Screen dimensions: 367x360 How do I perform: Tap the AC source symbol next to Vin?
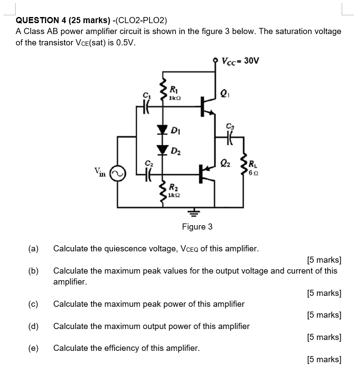(x=117, y=173)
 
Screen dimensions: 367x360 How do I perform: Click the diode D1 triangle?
(x=163, y=130)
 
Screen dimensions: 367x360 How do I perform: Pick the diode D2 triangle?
(x=163, y=149)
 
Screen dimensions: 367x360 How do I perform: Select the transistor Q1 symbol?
(x=207, y=106)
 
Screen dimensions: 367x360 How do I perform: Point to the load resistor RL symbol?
(x=244, y=166)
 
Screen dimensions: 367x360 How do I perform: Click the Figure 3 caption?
(x=197, y=226)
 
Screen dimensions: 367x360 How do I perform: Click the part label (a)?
(x=33, y=249)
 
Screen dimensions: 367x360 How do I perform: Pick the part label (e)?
(x=33, y=348)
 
